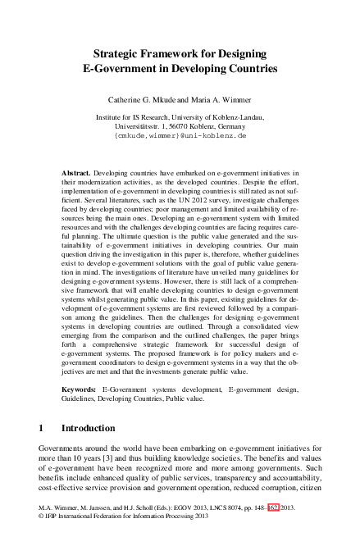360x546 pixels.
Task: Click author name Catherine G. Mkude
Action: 144,99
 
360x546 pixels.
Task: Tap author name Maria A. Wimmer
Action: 221,99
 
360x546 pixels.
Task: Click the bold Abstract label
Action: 76,175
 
